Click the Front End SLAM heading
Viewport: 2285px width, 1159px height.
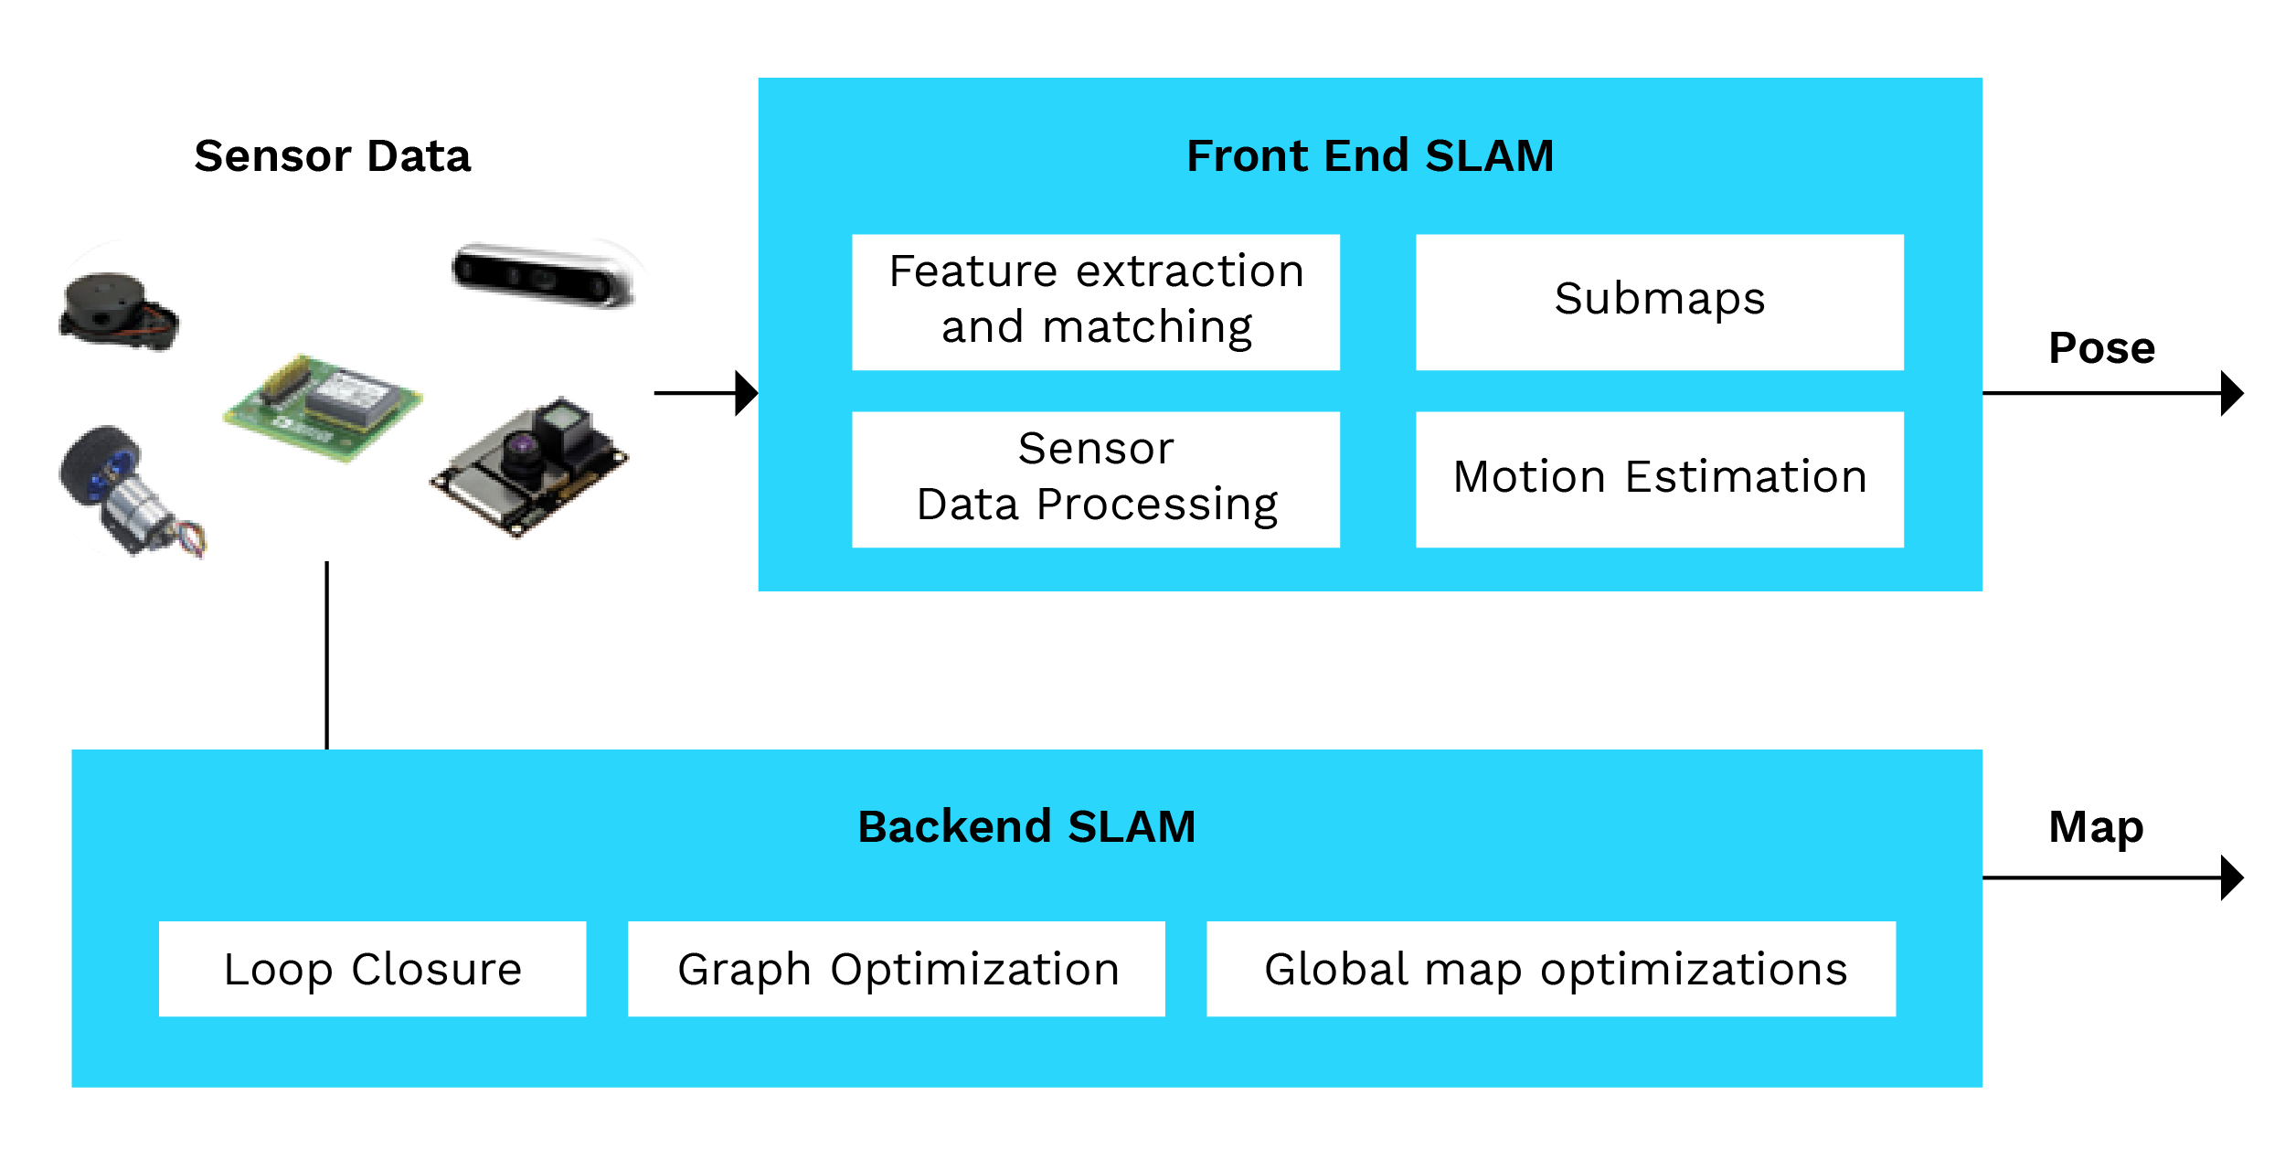click(1369, 155)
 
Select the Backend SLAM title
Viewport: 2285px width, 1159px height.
click(1026, 826)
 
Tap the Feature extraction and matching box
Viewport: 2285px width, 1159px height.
click(1095, 302)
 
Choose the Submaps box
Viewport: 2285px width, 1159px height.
click(1659, 302)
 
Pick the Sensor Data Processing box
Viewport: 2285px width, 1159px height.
click(1095, 479)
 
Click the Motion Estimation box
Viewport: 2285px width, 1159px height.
click(1659, 479)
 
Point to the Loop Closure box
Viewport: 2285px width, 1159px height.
click(372, 969)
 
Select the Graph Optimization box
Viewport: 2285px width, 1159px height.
click(896, 969)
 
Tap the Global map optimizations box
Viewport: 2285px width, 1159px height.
click(1551, 969)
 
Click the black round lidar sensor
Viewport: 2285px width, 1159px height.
click(117, 311)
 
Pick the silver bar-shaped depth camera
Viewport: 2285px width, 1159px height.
click(544, 275)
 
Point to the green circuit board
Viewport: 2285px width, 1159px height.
click(322, 407)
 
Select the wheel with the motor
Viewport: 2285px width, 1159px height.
click(123, 489)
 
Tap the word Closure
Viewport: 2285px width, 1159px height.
click(436, 969)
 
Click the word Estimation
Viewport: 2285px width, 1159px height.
click(1746, 477)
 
